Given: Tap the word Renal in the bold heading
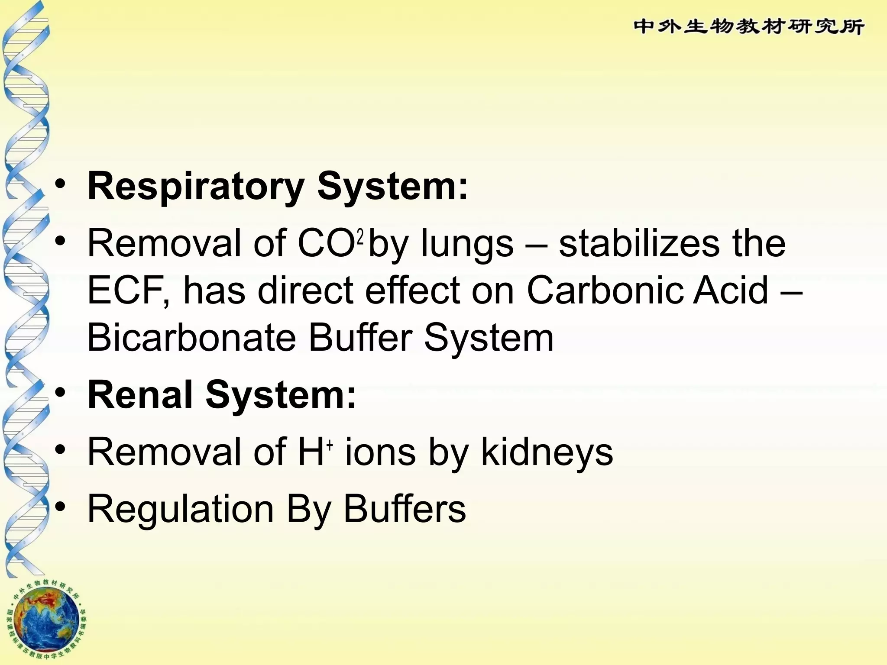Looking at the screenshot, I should (x=140, y=395).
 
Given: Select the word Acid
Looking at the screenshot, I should (x=731, y=291).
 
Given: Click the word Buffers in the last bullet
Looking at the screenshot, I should (x=405, y=509).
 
